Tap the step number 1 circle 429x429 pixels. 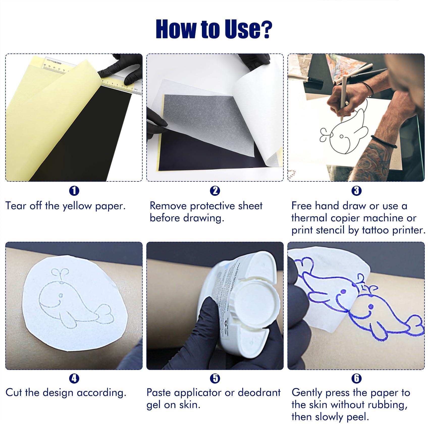coord(74,191)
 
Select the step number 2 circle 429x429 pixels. coord(215,191)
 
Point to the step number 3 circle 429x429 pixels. coord(356,191)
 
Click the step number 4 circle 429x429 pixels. coord(74,378)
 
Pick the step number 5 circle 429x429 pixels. coord(215,378)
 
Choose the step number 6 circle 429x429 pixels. coord(356,378)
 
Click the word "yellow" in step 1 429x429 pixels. coord(77,206)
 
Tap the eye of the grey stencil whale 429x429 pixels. coord(61,295)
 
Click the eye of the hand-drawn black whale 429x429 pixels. coord(341,137)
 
